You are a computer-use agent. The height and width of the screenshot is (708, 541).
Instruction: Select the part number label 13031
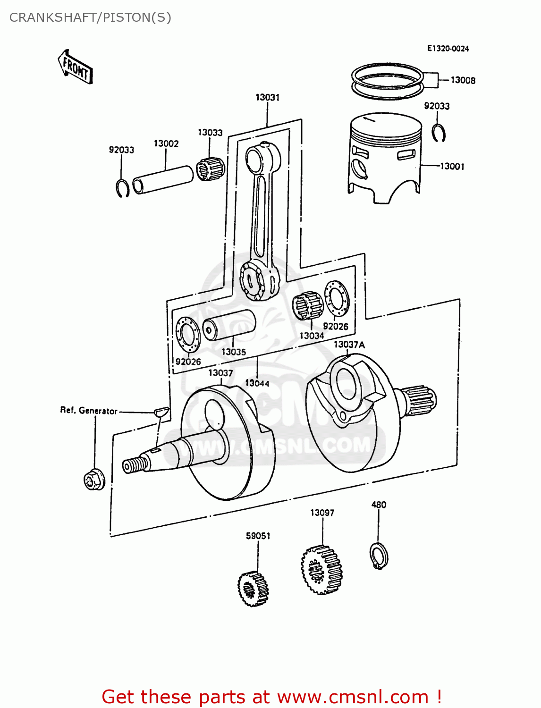pos(267,97)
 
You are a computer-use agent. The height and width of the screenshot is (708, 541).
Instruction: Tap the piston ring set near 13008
pos(387,81)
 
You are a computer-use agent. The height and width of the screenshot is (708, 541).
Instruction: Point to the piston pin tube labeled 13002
pos(163,179)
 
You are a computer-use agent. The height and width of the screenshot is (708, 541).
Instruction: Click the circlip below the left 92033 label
pos(123,188)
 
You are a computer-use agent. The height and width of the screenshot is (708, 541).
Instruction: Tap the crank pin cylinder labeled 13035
pos(229,326)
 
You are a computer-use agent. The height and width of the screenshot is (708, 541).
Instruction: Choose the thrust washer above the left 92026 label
pos(188,335)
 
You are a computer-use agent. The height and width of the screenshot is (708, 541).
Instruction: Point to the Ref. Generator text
pos(88,411)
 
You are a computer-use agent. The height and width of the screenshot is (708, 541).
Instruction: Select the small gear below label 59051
pos(253,588)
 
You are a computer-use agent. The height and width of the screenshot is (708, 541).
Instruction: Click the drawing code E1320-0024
pos(448,48)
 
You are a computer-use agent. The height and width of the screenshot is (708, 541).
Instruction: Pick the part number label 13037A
pos(349,345)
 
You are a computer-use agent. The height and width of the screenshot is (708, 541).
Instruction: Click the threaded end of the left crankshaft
pos(135,465)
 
